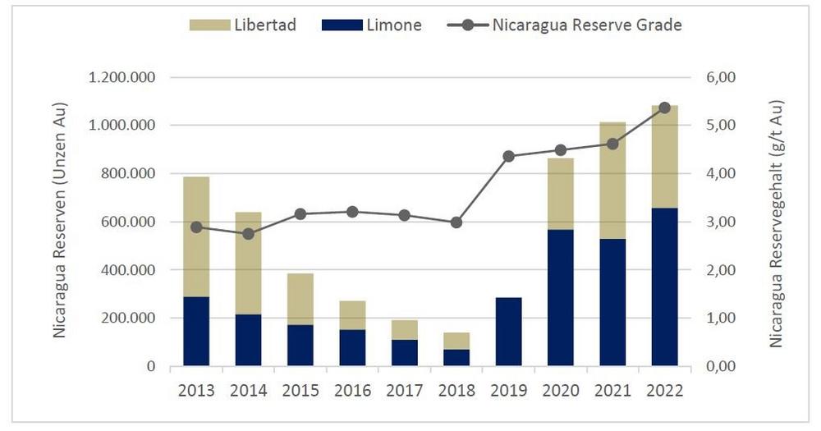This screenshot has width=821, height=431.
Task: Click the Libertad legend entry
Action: pyautogui.click(x=242, y=25)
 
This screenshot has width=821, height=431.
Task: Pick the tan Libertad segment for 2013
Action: pyautogui.click(x=196, y=236)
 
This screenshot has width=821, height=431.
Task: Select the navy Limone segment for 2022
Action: pyautogui.click(x=664, y=287)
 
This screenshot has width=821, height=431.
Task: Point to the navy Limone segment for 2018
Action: pyautogui.click(x=456, y=357)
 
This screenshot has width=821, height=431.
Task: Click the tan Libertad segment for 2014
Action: pyautogui.click(x=248, y=263)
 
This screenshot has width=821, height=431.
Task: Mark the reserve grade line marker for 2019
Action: pyautogui.click(x=508, y=156)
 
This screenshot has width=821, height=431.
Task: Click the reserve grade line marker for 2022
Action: pyautogui.click(x=664, y=108)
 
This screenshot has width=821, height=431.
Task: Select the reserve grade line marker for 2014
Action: pyautogui.click(x=248, y=234)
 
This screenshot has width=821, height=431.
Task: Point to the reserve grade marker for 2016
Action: pyautogui.click(x=352, y=212)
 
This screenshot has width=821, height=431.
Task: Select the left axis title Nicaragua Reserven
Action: pyautogui.click(x=60, y=221)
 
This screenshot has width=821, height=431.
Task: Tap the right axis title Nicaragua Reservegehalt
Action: pyautogui.click(x=776, y=222)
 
